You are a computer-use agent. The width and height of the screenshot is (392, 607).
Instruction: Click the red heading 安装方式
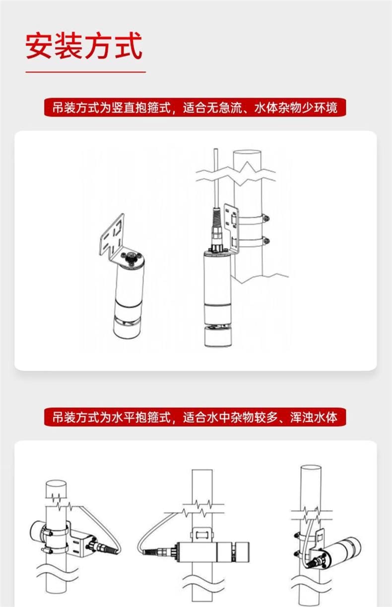[x=84, y=45]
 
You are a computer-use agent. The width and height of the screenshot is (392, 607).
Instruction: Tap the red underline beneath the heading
[x=86, y=72]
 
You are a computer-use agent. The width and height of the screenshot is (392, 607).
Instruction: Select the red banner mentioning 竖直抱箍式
[x=195, y=108]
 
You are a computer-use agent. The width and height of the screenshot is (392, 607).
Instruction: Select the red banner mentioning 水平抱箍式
[x=195, y=417]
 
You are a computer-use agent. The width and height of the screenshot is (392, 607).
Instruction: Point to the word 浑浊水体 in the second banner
[x=314, y=417]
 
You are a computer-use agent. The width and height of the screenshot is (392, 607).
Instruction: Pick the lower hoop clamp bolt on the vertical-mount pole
[x=267, y=240]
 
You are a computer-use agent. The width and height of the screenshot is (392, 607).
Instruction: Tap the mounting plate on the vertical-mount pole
[x=232, y=228]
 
